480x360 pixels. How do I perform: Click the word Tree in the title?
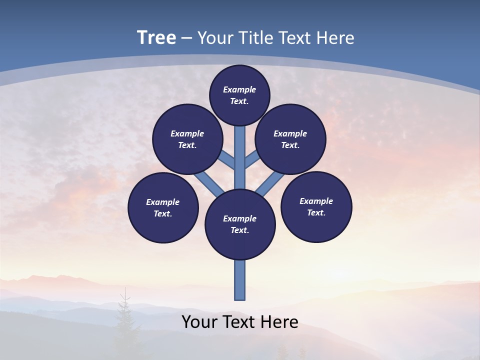[x=156, y=37]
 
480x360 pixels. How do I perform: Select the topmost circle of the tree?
[x=239, y=95]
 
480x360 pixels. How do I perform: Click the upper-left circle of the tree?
[x=187, y=139]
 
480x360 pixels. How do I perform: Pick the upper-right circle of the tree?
[x=290, y=139]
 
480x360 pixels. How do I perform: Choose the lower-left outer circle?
[x=163, y=207]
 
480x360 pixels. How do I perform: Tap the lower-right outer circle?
[x=316, y=206]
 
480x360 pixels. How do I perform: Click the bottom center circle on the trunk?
[x=240, y=224]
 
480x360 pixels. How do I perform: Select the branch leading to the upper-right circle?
[x=252, y=160]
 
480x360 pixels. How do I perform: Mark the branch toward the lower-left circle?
[x=209, y=183]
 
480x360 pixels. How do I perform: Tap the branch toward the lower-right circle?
[x=270, y=183]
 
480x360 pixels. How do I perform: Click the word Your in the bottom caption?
[x=199, y=322]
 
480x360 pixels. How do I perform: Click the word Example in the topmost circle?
[x=239, y=89]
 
